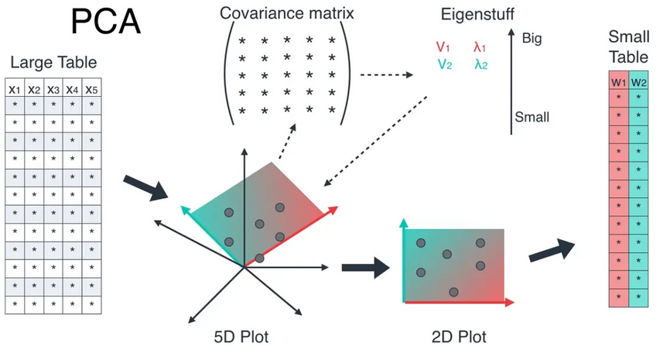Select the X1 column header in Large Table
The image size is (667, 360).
pyautogui.click(x=14, y=89)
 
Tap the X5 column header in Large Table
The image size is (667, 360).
pyautogui.click(x=91, y=89)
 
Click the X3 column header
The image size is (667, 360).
pyautogui.click(x=53, y=89)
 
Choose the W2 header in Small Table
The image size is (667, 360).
pyautogui.click(x=638, y=81)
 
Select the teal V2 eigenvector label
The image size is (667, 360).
pyautogui.click(x=444, y=64)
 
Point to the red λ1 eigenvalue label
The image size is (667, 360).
pyautogui.click(x=481, y=47)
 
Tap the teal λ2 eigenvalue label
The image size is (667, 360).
pyautogui.click(x=481, y=64)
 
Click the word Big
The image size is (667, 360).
pyautogui.click(x=532, y=36)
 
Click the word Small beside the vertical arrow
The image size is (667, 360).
pyautogui.click(x=532, y=118)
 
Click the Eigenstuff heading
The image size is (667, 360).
pyautogui.click(x=477, y=13)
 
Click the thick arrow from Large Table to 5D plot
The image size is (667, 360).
pyautogui.click(x=145, y=186)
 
